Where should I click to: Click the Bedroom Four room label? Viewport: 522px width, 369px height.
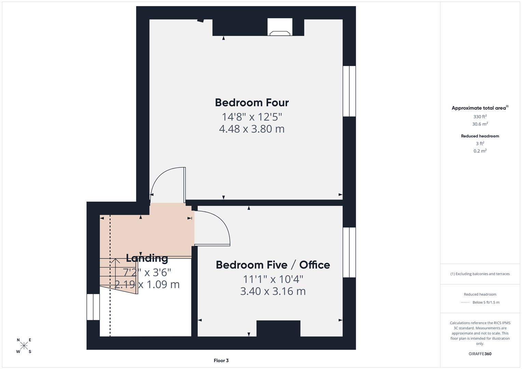click(x=252, y=102)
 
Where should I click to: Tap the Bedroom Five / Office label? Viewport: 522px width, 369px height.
click(x=273, y=265)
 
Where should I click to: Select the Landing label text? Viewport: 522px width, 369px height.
click(x=147, y=258)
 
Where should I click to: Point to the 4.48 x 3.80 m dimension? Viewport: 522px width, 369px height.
click(x=252, y=129)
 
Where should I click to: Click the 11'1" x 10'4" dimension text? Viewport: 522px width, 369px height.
click(x=273, y=279)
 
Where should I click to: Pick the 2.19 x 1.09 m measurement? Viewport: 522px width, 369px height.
click(x=147, y=284)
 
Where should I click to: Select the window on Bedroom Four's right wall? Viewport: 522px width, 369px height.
click(x=349, y=91)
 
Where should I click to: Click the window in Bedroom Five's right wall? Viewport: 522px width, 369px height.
click(x=349, y=252)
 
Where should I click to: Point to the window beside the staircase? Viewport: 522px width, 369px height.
click(x=93, y=307)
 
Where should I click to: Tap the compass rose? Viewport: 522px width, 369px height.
click(x=24, y=346)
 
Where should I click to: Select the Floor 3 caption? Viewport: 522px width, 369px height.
click(x=221, y=360)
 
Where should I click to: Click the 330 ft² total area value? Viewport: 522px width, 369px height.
click(x=480, y=117)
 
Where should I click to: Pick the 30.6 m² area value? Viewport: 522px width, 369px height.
click(x=480, y=124)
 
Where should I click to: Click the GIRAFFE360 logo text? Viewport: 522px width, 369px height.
click(x=480, y=354)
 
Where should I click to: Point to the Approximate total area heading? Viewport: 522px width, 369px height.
click(x=479, y=108)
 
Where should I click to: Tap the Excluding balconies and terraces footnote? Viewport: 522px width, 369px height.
click(x=480, y=274)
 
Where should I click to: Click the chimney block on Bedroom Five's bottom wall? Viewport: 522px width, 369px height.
click(x=278, y=328)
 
